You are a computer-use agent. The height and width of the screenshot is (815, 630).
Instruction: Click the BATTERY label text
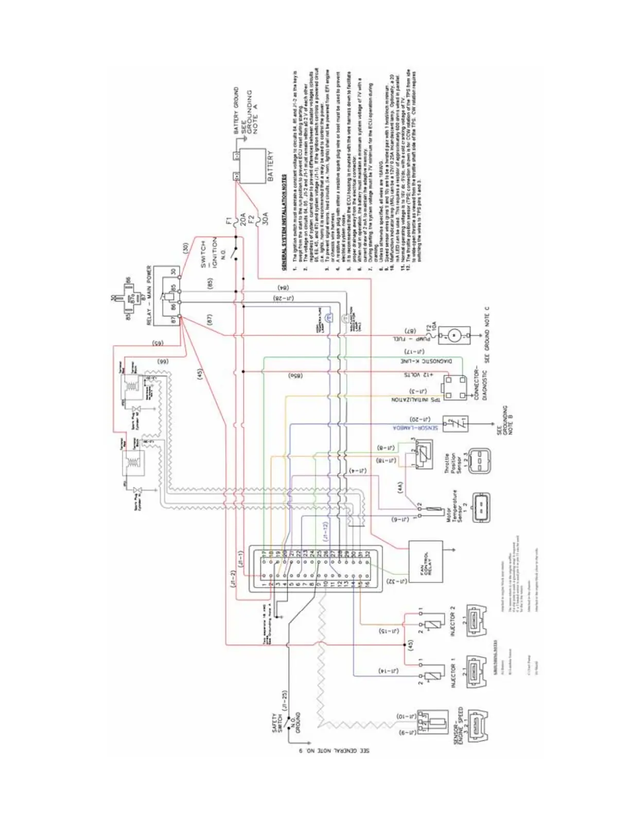tap(271, 166)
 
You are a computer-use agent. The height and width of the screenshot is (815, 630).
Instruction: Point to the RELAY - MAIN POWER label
tap(150, 295)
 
